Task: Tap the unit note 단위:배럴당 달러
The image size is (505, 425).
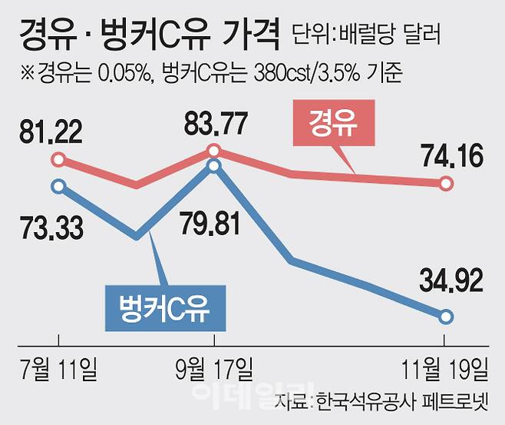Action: (x=369, y=35)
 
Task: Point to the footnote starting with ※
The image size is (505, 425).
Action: (x=207, y=74)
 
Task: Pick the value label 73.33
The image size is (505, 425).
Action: (x=51, y=227)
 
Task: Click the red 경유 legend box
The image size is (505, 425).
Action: (x=335, y=125)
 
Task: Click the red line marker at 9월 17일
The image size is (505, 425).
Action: (x=215, y=150)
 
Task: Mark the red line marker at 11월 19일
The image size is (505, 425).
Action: (x=446, y=183)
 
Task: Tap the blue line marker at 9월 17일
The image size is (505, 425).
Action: (x=215, y=164)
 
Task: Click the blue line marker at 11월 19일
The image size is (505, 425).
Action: (x=446, y=316)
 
